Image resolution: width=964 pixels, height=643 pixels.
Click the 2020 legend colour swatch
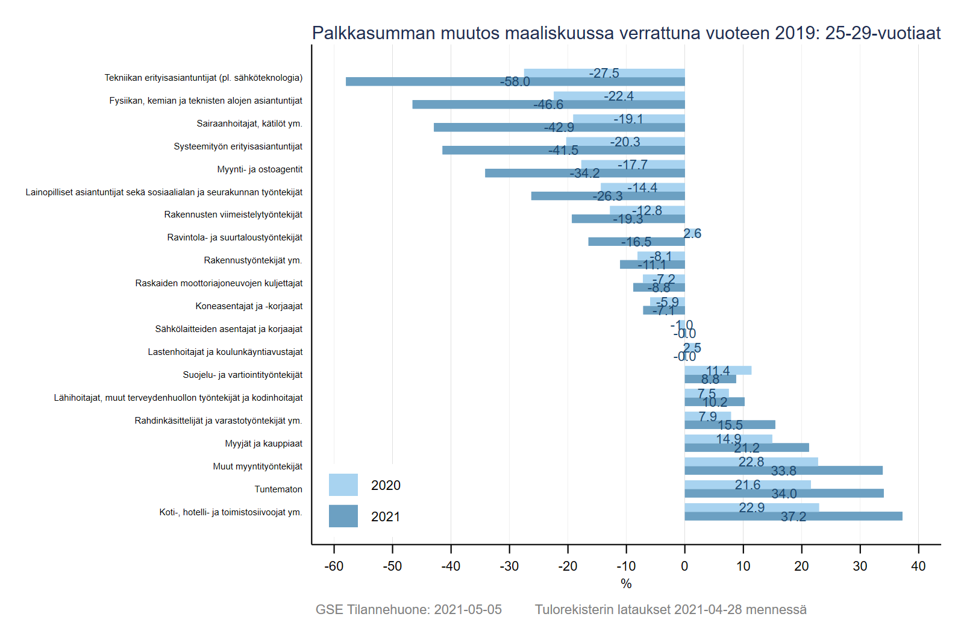click(343, 485)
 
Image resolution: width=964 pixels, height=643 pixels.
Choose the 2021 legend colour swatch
click(343, 516)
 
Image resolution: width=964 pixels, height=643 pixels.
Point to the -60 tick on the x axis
click(334, 566)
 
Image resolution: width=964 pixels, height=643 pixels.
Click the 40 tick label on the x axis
click(918, 566)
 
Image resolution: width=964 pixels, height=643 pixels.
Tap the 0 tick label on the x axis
click(684, 566)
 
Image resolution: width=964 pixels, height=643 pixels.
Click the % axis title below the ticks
click(626, 583)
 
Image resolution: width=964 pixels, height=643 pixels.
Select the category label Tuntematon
click(278, 489)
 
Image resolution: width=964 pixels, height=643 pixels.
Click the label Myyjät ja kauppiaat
click(264, 444)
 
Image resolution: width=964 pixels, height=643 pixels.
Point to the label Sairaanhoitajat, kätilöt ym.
click(249, 124)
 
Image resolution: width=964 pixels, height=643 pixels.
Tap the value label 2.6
click(692, 234)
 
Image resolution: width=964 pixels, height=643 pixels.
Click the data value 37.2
click(793, 516)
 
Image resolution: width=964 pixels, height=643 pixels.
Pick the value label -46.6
click(548, 105)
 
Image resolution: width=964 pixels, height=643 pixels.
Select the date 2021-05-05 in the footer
click(468, 609)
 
